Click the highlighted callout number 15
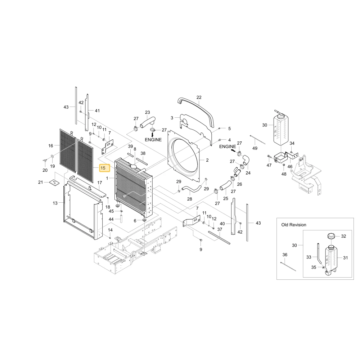tap(103, 168)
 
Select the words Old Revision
tap(294, 225)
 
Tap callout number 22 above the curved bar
tap(199, 97)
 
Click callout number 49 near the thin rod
tap(255, 148)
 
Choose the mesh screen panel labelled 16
tap(68, 150)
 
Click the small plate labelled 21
tap(54, 183)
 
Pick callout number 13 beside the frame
tap(55, 203)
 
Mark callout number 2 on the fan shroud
tap(207, 160)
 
